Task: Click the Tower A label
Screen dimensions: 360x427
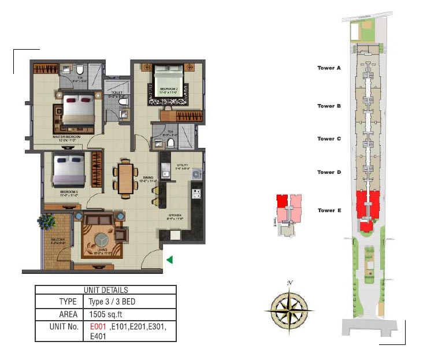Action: click(x=329, y=68)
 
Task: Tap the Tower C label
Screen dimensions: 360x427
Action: click(x=329, y=139)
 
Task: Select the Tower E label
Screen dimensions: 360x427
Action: click(x=329, y=210)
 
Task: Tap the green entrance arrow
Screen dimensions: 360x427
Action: click(x=169, y=260)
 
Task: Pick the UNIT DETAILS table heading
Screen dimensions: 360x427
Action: click(x=106, y=290)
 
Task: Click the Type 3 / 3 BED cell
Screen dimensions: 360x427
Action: click(x=112, y=302)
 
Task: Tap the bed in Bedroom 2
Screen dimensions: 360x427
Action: click(x=168, y=86)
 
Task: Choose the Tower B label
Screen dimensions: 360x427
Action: click(x=329, y=106)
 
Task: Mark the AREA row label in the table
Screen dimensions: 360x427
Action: click(x=68, y=314)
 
